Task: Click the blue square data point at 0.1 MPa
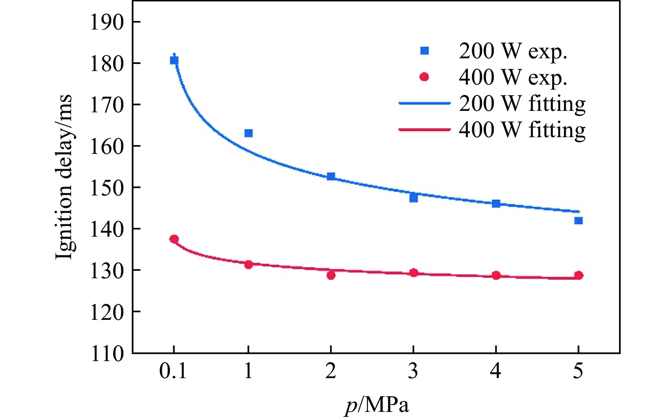pos(174,60)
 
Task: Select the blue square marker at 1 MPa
pos(249,133)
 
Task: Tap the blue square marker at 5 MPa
pos(578,221)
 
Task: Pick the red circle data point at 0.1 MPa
pos(174,239)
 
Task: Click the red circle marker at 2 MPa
pos(331,275)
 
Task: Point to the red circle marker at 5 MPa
pos(578,275)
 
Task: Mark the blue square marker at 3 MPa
pos(414,198)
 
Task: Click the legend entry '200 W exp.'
pos(512,51)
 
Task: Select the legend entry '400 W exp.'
pos(512,77)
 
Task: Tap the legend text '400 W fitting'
pos(522,130)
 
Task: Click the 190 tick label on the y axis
pos(107,22)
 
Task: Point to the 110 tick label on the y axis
pos(107,354)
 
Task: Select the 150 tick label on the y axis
pos(107,188)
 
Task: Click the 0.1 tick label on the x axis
pos(173,371)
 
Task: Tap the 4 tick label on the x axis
pos(496,371)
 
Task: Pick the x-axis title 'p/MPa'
pos(377,405)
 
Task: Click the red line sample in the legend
pos(425,130)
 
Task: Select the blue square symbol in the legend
pos(425,51)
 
